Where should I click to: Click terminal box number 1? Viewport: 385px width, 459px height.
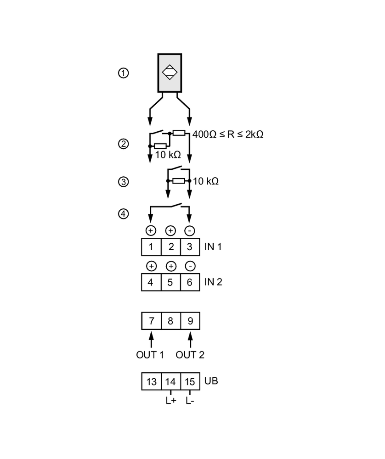[151, 247]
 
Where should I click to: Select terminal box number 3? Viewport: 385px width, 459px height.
[190, 247]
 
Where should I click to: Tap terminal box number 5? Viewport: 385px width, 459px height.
[170, 282]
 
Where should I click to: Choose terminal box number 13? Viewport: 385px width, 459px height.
[151, 381]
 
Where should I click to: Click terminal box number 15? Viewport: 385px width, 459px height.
[190, 381]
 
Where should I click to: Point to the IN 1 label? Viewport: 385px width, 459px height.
[213, 246]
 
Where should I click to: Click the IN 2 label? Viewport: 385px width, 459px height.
[213, 282]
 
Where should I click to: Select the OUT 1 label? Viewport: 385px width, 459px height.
[150, 355]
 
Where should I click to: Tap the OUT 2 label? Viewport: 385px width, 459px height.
[190, 355]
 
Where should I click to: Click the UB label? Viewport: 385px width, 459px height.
[211, 381]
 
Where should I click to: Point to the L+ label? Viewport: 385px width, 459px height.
[170, 401]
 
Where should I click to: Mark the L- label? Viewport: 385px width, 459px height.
[190, 401]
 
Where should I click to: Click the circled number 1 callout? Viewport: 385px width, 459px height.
[123, 73]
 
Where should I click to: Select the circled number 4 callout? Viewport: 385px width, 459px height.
[123, 214]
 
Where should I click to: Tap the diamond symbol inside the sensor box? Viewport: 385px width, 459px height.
[170, 73]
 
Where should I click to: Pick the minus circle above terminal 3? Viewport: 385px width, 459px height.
[190, 230]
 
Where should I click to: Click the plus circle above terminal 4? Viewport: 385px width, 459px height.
[151, 266]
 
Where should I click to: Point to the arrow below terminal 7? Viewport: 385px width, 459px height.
[151, 339]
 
